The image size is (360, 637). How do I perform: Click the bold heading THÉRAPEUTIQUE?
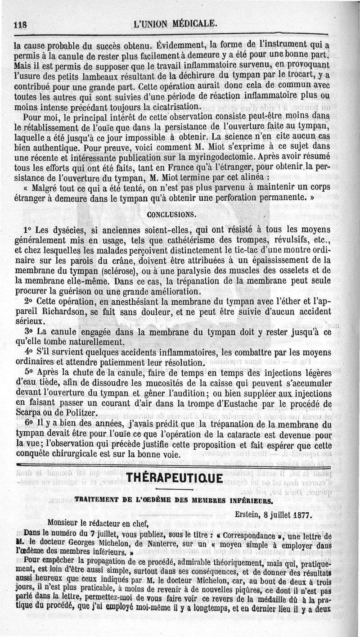175,476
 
